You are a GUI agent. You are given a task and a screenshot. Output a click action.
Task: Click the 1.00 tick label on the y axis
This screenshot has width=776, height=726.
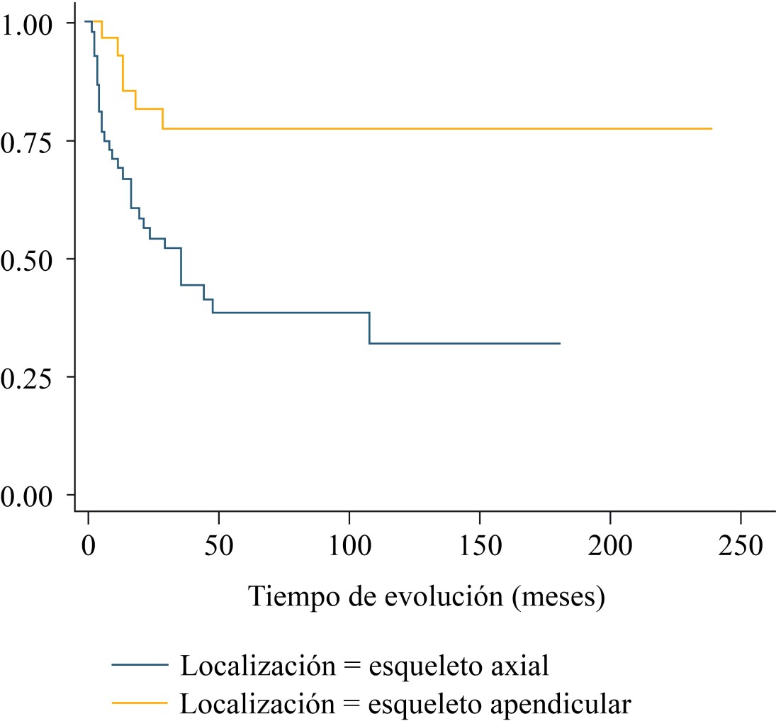pos(27,23)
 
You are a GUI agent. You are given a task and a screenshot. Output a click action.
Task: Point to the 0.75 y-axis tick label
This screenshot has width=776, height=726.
pos(27,141)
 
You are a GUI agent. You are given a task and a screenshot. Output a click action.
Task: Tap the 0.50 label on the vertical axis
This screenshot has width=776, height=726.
pos(27,259)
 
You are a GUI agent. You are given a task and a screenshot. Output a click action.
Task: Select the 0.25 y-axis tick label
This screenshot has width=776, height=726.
pos(27,376)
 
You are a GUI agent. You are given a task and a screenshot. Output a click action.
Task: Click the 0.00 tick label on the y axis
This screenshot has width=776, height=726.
pos(27,494)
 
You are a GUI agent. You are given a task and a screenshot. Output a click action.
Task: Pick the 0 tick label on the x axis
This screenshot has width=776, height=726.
pos(88,548)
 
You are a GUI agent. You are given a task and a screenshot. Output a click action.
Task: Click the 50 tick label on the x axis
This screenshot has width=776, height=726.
pos(218,548)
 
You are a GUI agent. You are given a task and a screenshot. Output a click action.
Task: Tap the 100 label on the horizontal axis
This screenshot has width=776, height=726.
pos(349,548)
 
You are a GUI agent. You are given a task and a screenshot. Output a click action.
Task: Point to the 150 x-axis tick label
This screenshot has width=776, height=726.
pos(479,548)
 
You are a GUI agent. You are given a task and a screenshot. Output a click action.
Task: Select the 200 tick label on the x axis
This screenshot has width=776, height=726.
pos(610,548)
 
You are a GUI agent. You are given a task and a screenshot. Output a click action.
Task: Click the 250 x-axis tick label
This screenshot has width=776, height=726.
pos(741,548)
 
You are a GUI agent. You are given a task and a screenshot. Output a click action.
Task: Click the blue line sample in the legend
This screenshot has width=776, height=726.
pos(140,666)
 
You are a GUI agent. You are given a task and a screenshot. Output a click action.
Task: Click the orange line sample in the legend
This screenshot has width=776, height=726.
pos(140,703)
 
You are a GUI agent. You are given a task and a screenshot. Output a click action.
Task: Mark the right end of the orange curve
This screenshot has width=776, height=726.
pos(711,128)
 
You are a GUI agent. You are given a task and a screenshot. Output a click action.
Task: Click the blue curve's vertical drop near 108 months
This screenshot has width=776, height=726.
pos(369,328)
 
